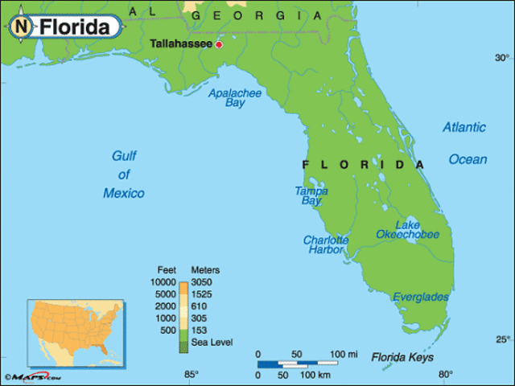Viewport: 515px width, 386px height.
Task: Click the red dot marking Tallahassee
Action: pos(218,44)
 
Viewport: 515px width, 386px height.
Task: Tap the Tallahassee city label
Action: pos(181,43)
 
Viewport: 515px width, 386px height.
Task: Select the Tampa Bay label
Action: pos(311,195)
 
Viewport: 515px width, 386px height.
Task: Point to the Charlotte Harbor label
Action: pos(325,244)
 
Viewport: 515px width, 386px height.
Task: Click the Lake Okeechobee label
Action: pos(407,229)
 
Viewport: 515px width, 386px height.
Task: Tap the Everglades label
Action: pos(421,298)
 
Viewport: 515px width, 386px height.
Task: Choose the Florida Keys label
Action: pos(402,357)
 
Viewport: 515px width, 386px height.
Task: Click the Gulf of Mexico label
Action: pos(123,175)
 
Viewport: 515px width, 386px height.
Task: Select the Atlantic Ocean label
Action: pos(465,143)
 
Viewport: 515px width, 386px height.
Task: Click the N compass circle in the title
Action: pos(23,27)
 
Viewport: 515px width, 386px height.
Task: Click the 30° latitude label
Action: pos(501,58)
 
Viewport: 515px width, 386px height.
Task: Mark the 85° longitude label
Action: pos(192,374)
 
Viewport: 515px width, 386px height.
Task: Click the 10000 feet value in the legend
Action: pos(161,282)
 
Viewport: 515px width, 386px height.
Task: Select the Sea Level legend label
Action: pos(212,343)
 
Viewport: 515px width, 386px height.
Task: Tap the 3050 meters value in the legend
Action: pos(204,282)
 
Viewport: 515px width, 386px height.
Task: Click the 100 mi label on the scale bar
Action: pos(344,355)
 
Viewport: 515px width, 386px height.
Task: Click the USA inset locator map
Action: pos(73,332)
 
